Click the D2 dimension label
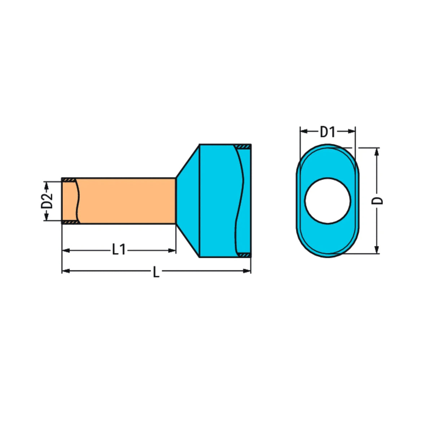coord(47,201)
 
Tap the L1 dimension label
coord(119,250)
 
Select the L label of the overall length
coord(156,272)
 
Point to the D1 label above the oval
coord(327,132)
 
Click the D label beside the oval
coord(377,201)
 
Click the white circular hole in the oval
coord(327,201)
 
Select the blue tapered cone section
coord(188,201)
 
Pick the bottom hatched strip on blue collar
coord(244,255)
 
